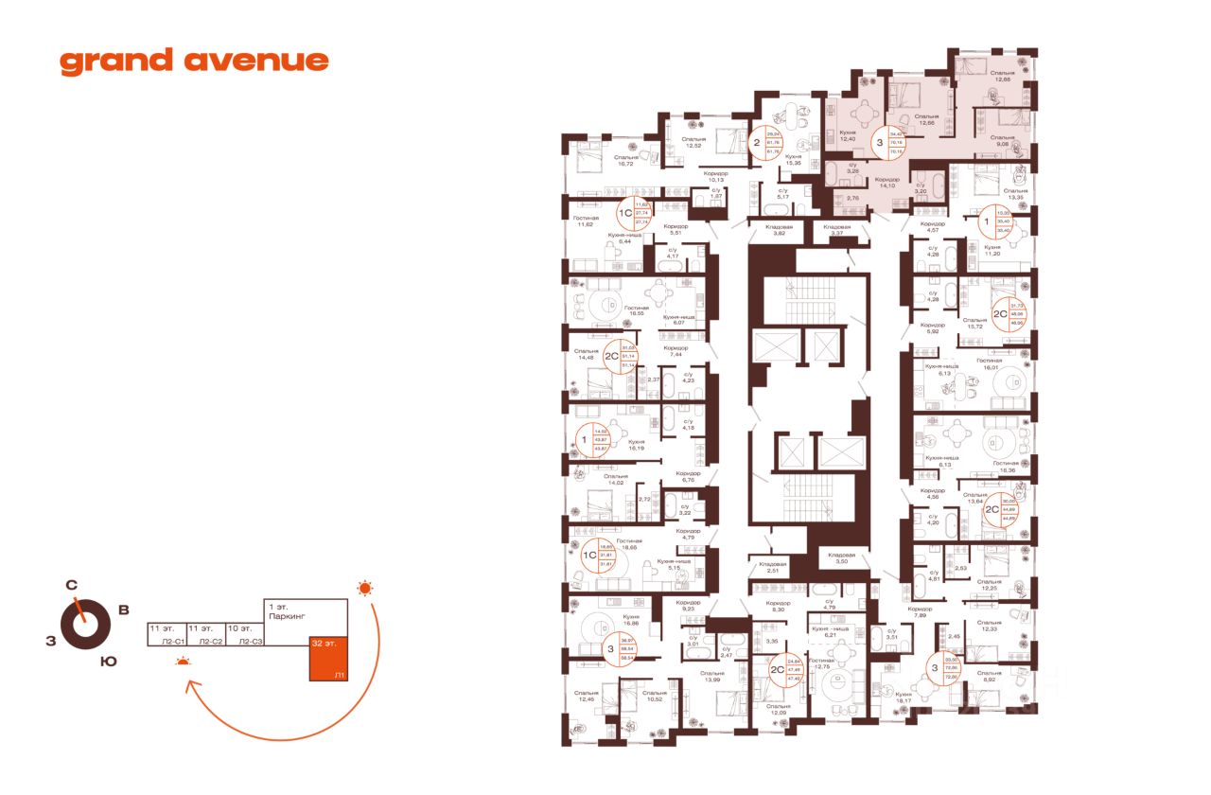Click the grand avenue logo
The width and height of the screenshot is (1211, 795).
pyautogui.click(x=194, y=62)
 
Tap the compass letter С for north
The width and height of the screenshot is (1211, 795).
pyautogui.click(x=71, y=585)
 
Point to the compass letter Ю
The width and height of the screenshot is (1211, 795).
pyautogui.click(x=109, y=662)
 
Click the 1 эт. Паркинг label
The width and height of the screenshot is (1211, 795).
pyautogui.click(x=281, y=610)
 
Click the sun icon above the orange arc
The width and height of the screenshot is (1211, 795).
pyautogui.click(x=364, y=589)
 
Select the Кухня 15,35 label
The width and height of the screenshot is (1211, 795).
pyautogui.click(x=793, y=159)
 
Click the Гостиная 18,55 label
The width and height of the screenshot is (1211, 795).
pyautogui.click(x=635, y=310)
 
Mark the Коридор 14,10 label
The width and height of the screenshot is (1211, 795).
pyautogui.click(x=886, y=183)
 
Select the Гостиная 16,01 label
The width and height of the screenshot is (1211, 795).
pyautogui.click(x=989, y=363)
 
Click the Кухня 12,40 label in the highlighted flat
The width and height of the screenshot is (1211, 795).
pyautogui.click(x=847, y=136)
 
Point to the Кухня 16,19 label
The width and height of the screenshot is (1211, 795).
pyautogui.click(x=636, y=445)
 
